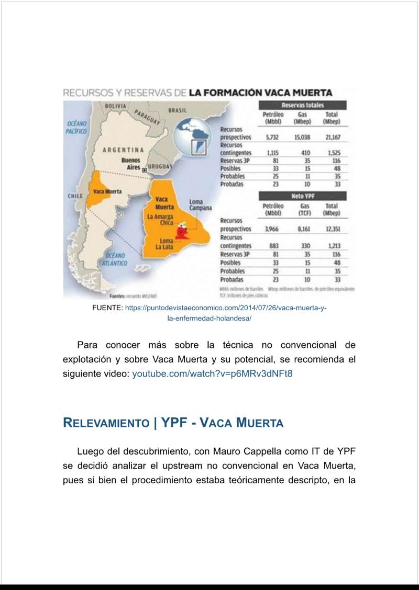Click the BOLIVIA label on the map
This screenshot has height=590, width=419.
115,106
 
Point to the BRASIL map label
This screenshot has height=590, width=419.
177,110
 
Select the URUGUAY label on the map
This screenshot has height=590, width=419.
160,166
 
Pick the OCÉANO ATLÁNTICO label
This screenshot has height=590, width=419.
115,259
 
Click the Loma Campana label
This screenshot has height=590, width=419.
200,205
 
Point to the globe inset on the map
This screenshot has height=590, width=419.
194,137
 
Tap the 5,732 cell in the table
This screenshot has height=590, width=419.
272,137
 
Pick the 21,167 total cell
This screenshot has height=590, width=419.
332,137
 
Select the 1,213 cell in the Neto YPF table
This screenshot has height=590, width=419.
333,246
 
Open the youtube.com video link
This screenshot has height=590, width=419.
212,374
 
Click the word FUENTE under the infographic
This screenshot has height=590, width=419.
107,308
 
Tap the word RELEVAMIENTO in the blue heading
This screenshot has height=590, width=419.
106,423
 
